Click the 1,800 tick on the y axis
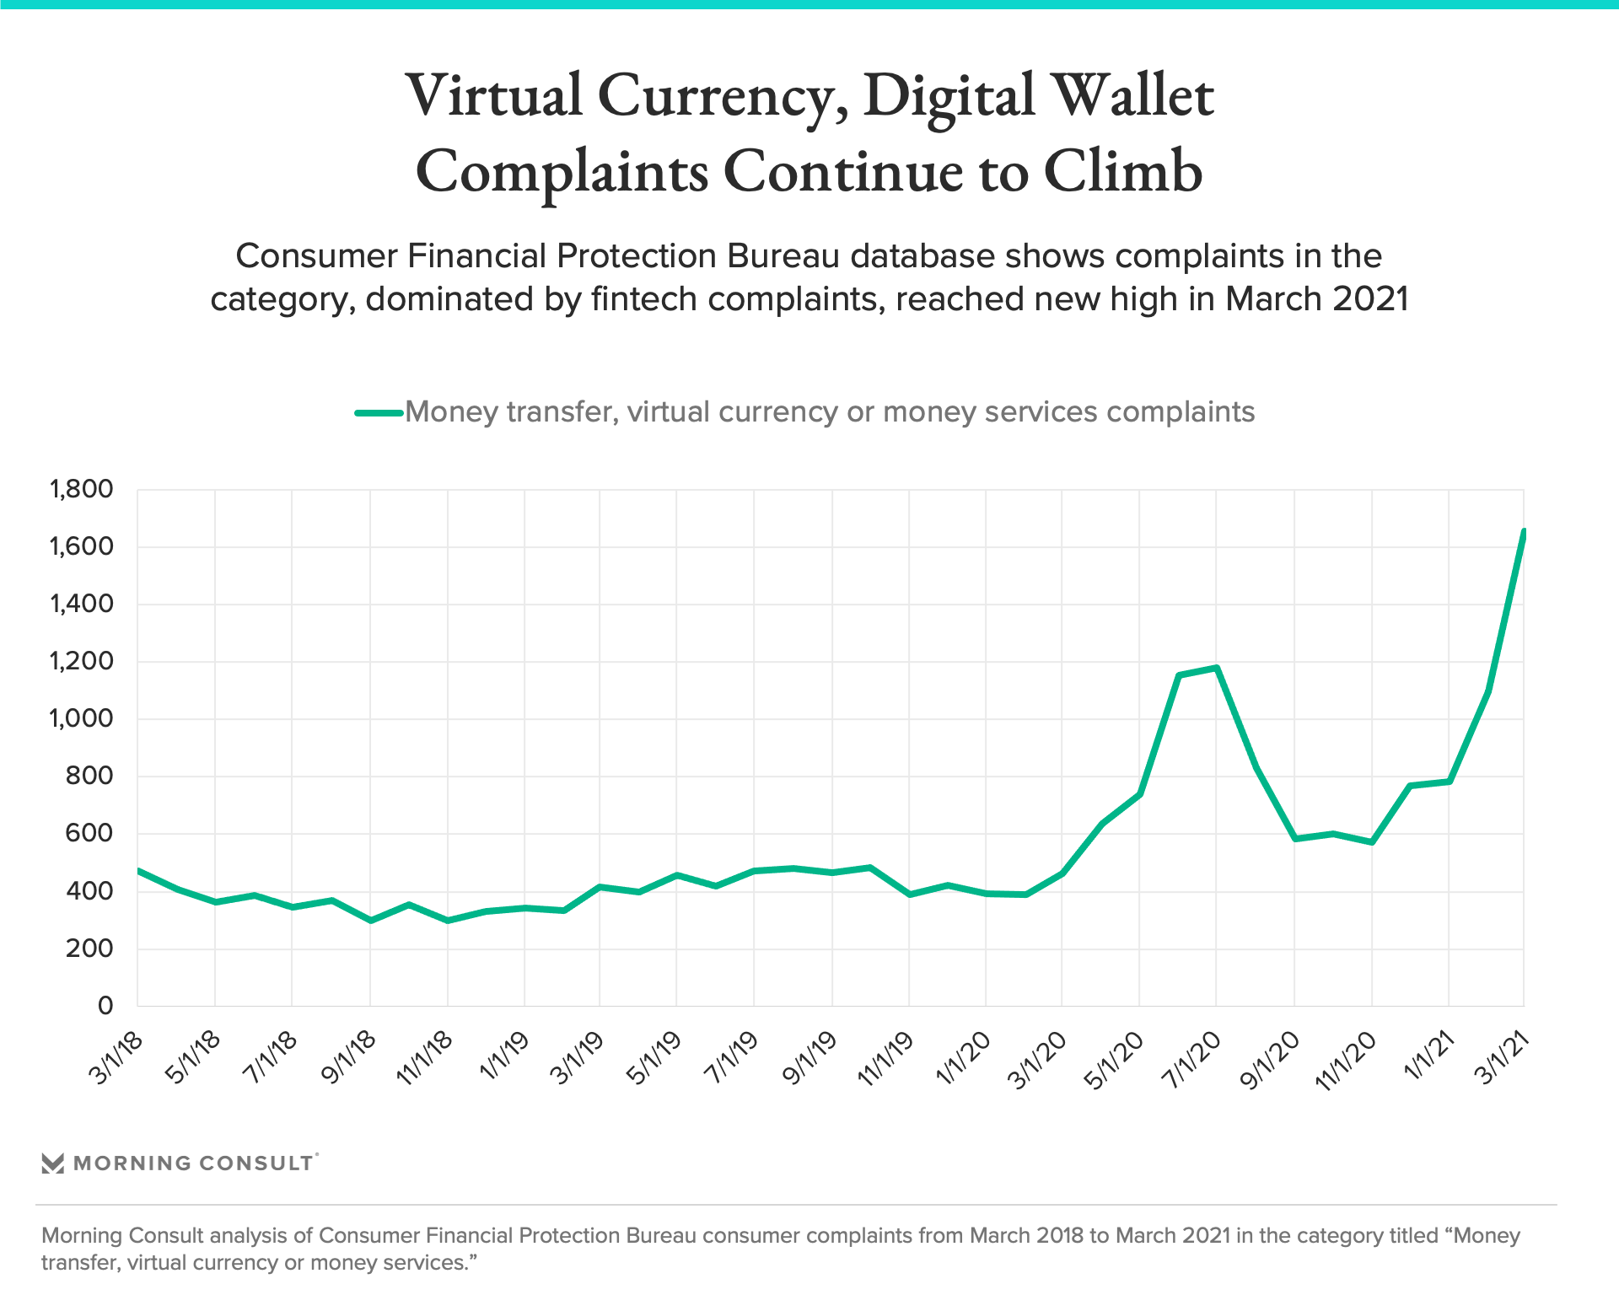click(81, 489)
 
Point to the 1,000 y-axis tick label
click(81, 718)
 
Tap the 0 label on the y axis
click(105, 1005)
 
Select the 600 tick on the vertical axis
click(89, 833)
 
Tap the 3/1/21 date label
click(1502, 1057)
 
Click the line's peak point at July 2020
click(1216, 668)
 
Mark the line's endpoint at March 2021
click(1524, 532)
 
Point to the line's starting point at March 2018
click(138, 870)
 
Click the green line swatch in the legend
click(379, 412)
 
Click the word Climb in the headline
click(1123, 171)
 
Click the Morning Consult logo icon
click(52, 1163)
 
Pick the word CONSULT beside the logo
click(256, 1163)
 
